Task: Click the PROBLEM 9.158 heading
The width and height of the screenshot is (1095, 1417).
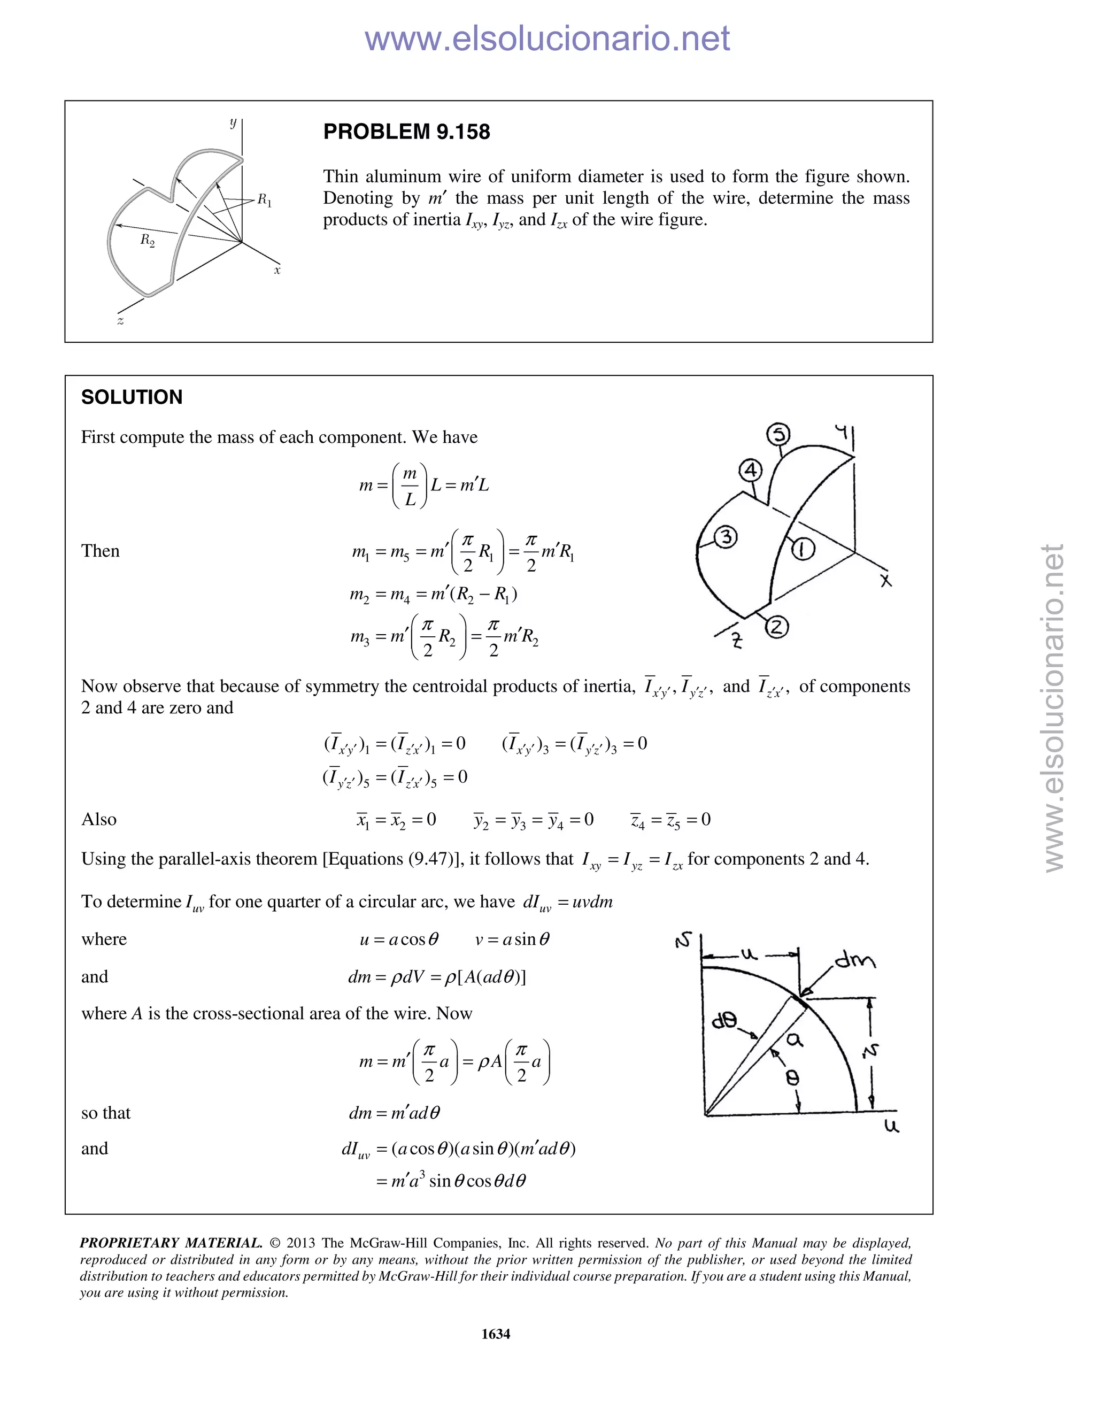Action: [406, 132]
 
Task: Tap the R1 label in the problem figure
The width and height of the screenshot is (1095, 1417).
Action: [265, 201]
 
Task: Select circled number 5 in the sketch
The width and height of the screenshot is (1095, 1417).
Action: [778, 435]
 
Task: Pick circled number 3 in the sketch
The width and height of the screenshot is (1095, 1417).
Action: [726, 537]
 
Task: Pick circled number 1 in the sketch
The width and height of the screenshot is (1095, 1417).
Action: [803, 550]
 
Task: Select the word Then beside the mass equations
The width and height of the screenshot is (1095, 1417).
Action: [101, 551]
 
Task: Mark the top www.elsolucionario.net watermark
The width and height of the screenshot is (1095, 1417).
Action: [547, 38]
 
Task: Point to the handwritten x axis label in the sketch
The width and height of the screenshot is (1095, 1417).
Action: [885, 581]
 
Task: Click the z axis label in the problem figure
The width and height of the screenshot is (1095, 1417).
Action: [120, 320]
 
